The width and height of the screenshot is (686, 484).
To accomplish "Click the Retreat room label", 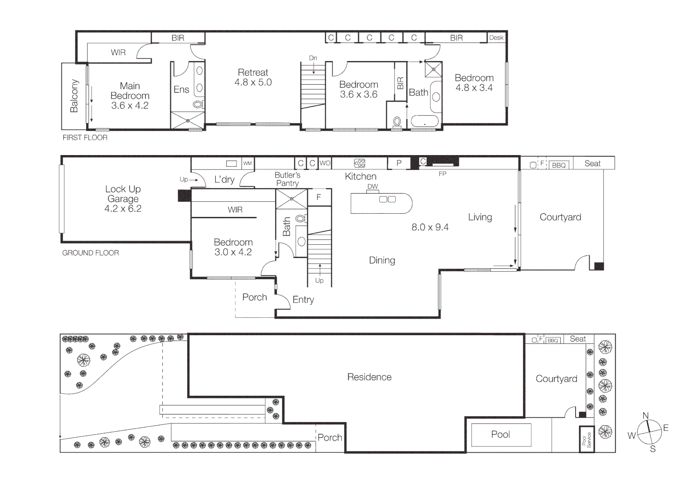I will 253,73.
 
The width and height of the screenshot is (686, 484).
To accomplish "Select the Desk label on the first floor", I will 496,38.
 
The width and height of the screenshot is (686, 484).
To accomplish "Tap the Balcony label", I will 74,96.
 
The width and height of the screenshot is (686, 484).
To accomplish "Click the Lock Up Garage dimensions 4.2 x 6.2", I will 123,209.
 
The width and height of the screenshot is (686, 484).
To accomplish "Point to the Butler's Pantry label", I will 288,179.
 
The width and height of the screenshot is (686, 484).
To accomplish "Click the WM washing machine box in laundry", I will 247,164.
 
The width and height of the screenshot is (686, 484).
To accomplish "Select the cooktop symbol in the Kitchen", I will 359,163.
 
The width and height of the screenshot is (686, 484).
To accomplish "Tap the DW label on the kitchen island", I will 372,186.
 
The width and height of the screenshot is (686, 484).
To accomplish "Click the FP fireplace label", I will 442,174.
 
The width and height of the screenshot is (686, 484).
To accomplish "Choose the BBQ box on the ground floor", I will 559,165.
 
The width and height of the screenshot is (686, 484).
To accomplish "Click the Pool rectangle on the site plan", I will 501,434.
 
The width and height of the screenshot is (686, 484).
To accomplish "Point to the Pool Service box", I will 587,439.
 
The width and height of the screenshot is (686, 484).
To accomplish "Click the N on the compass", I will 646,415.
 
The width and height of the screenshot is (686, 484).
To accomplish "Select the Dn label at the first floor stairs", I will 313,58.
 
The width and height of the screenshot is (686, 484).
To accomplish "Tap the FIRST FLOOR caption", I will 85,138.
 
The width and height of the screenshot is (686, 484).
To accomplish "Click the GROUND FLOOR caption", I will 90,253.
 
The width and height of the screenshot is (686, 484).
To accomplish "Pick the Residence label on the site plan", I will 369,377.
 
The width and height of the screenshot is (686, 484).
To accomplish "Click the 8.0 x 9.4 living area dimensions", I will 430,227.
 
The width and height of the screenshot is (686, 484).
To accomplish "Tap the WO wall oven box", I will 325,163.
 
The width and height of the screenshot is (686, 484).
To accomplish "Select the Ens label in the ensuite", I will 181,90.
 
